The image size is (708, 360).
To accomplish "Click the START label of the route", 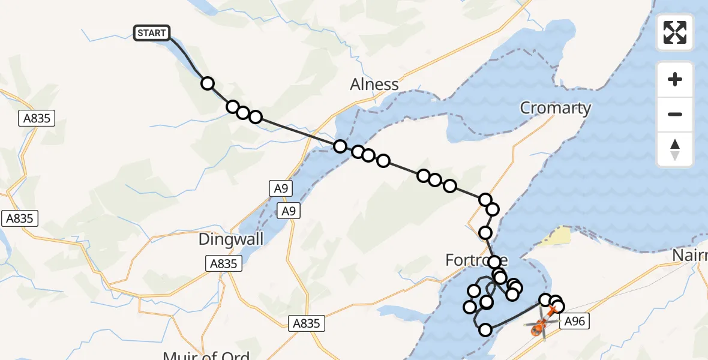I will tap(152, 33).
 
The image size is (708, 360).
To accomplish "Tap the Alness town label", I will tap(374, 85).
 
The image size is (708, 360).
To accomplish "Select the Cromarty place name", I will tap(555, 108).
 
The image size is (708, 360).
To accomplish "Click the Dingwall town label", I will tap(231, 239).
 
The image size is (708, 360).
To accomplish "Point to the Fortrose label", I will tap(476, 260).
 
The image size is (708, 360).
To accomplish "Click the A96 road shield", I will tap(574, 322).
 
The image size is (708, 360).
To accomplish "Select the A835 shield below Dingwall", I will tap(223, 263).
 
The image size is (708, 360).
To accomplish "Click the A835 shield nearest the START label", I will tap(37, 119).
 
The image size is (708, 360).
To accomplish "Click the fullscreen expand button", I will tap(675, 32).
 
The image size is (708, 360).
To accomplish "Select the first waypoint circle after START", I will tap(208, 83).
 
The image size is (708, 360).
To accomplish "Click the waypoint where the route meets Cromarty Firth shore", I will tap(340, 146).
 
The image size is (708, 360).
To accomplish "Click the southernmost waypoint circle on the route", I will tap(485, 329).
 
